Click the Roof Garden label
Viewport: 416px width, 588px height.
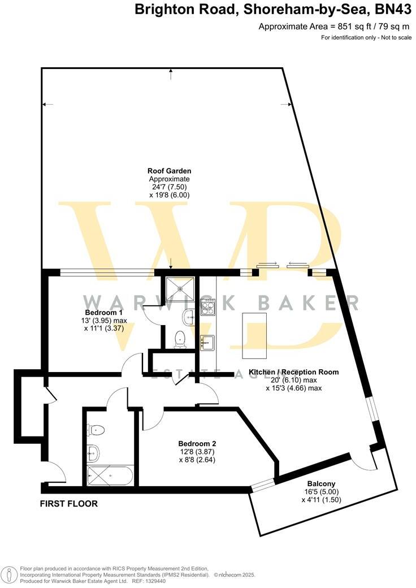pos(169,170)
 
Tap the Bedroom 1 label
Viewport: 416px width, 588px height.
pos(103,313)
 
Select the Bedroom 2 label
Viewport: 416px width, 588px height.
pos(197,444)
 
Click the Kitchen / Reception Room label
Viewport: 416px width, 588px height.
pos(294,372)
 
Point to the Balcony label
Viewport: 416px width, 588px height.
pos(321,483)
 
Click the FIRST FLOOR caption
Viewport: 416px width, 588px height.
pos(69,504)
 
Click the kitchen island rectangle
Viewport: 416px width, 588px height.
pos(254,335)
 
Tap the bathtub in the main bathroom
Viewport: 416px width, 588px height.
pos(110,475)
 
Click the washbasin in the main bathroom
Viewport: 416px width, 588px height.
pos(93,452)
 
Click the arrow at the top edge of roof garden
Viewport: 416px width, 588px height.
pos(171,73)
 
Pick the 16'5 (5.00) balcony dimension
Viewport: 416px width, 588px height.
pos(321,492)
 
